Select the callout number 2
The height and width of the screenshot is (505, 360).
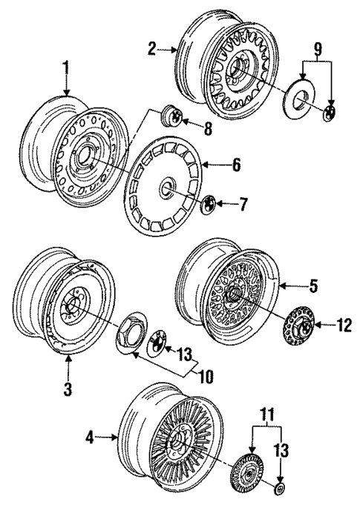[x=152, y=50]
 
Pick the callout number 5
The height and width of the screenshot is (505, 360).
[x=315, y=283]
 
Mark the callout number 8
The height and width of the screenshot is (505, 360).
[x=209, y=128]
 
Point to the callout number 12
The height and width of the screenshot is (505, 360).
[x=341, y=324]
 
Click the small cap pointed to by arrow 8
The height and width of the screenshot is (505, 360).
[x=171, y=117]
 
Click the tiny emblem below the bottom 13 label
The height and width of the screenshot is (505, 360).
[x=279, y=489]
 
